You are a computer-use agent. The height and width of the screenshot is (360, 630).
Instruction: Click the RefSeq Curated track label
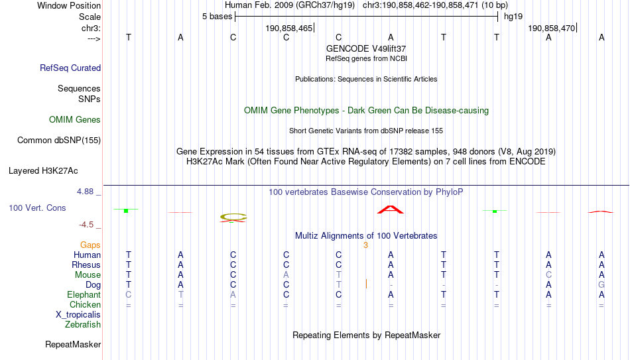[70, 68]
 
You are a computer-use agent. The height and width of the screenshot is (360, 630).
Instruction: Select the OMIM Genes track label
[75, 120]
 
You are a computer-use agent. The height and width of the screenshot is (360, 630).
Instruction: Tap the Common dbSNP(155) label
[59, 141]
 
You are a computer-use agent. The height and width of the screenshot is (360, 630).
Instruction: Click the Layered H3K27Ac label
[43, 171]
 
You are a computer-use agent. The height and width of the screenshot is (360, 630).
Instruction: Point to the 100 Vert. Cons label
[37, 208]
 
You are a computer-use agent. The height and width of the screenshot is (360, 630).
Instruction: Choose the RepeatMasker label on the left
[73, 344]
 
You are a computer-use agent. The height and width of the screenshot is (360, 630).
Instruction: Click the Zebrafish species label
[83, 325]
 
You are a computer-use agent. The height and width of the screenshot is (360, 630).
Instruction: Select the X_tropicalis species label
[78, 315]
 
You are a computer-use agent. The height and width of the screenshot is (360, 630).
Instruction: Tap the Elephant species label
[84, 294]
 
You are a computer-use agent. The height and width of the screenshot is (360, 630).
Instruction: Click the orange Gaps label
[90, 245]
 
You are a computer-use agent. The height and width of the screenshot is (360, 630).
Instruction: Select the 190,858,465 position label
[289, 28]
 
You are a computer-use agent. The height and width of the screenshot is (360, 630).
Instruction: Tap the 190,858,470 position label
[552, 28]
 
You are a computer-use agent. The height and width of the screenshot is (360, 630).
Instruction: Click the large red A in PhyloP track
[391, 210]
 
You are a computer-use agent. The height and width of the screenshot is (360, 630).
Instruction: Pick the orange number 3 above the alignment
[365, 245]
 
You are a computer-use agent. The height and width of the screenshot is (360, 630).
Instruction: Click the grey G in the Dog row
[601, 285]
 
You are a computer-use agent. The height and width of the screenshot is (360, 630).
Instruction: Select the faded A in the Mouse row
[286, 275]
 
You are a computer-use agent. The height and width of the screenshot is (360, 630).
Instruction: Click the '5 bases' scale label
[217, 17]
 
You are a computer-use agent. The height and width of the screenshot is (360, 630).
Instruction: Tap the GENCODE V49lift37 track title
[366, 48]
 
